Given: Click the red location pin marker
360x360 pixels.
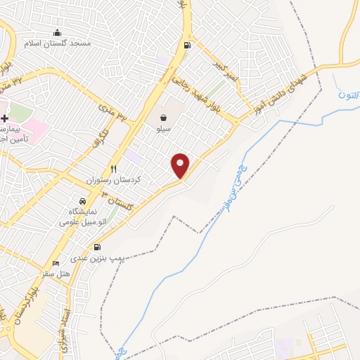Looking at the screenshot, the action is (x=181, y=165).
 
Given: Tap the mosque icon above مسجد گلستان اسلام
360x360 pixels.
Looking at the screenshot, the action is (x=57, y=32).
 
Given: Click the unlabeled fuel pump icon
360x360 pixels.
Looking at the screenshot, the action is (x=186, y=46).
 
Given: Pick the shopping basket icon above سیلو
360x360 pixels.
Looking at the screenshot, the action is (x=163, y=118).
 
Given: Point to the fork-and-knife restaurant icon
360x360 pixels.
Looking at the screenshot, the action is (x=113, y=169).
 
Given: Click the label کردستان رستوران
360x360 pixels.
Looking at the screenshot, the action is (x=114, y=180).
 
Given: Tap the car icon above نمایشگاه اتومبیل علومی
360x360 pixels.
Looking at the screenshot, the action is (x=83, y=201).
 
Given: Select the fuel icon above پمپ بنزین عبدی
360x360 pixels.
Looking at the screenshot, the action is (x=96, y=247).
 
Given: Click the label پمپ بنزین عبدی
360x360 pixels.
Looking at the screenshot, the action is (x=99, y=259).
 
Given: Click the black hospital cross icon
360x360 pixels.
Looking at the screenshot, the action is (x=4, y=117).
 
